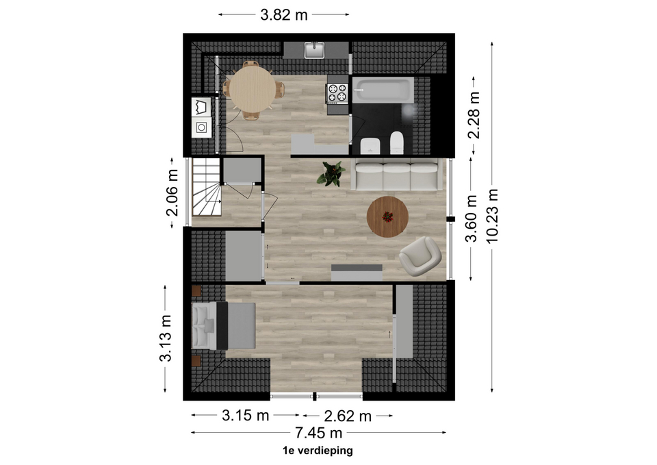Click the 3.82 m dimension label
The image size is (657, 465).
(x=283, y=14)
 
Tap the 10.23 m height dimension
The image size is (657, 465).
(x=492, y=216)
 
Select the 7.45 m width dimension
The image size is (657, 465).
(x=318, y=432)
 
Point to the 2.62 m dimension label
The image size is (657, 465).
(x=348, y=416)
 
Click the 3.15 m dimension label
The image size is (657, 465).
(x=245, y=416)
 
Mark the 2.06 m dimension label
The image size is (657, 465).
(x=172, y=192)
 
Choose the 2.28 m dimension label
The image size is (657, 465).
(x=474, y=115)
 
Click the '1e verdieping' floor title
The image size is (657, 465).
(x=318, y=451)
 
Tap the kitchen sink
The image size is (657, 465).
(x=315, y=50)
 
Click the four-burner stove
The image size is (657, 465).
(x=337, y=93)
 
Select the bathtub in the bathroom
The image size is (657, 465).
(x=383, y=90)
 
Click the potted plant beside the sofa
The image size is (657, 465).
(x=331, y=173)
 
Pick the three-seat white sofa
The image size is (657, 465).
(x=396, y=175)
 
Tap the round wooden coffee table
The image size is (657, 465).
(x=387, y=217)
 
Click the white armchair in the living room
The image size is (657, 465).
(x=420, y=256)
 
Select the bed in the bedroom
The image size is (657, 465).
(x=224, y=325)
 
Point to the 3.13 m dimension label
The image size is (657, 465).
(x=166, y=338)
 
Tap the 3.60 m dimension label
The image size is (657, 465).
(x=472, y=218)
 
